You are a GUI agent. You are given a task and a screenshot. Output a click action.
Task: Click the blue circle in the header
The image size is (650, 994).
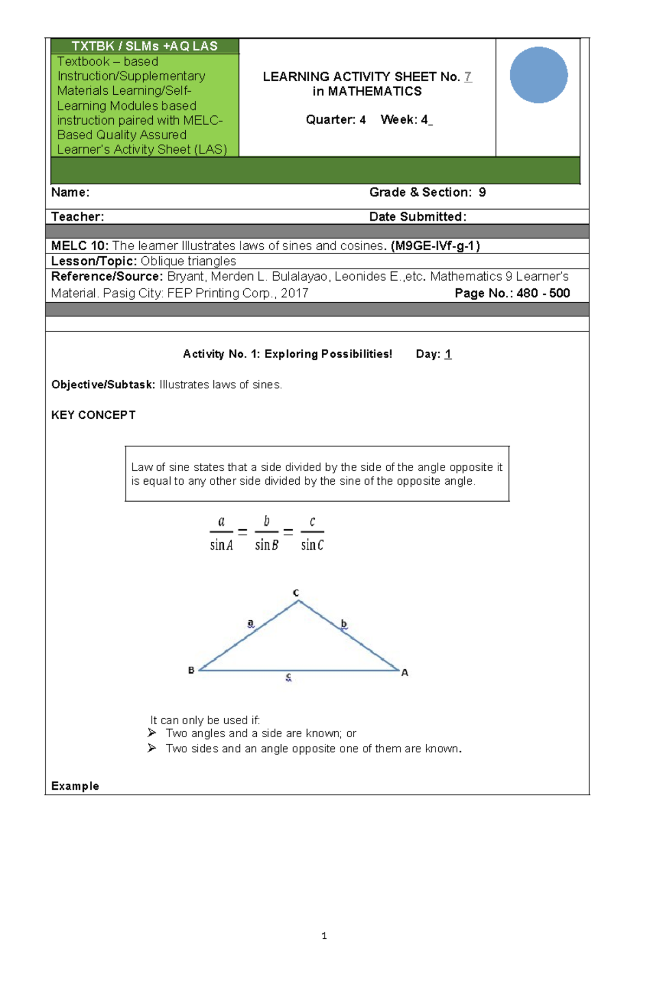[x=538, y=75]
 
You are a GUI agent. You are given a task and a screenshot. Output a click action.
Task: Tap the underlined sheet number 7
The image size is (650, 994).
[x=468, y=77]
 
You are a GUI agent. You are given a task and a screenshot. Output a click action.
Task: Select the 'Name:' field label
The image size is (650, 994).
[x=70, y=192]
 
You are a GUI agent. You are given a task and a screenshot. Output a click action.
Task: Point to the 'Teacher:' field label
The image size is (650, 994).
[x=77, y=217]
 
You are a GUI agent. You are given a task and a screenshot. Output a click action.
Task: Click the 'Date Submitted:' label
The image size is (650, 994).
[x=418, y=217]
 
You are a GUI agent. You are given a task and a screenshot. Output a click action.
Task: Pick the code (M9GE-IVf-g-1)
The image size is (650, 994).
[x=435, y=246]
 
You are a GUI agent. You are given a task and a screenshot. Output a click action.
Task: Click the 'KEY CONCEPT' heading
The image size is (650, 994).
[x=93, y=415]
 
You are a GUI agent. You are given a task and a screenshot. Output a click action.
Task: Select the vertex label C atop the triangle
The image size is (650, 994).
[x=296, y=593]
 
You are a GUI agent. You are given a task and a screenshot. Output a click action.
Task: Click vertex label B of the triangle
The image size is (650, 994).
[x=191, y=670]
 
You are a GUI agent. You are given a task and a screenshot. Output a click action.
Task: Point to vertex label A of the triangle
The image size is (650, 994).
[x=405, y=672]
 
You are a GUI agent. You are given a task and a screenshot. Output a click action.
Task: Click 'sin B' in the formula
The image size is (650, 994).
[x=266, y=545]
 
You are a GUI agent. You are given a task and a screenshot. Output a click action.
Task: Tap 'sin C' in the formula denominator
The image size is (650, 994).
[x=312, y=545]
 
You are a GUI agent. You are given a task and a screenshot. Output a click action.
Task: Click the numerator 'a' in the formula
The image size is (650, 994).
[x=221, y=521]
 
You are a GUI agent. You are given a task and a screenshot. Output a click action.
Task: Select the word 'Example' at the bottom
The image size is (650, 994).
[x=75, y=786]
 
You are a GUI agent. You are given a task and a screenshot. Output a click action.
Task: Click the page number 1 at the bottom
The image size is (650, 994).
[x=324, y=935]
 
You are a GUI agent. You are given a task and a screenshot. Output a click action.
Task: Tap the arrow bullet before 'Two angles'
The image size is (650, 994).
[x=152, y=733]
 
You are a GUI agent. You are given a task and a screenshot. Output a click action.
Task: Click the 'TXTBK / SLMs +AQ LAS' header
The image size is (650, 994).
[x=145, y=46]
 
